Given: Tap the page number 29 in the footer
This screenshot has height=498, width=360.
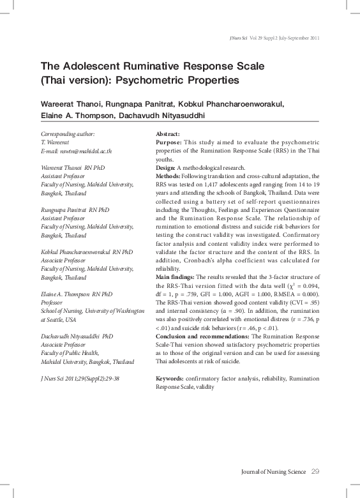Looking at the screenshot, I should pyautogui.click(x=315, y=471).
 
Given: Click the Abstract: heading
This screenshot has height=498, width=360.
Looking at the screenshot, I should pyautogui.click(x=169, y=134).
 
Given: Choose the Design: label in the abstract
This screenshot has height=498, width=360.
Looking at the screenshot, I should pyautogui.click(x=168, y=167).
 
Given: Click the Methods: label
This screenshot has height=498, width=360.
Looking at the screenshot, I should pyautogui.click(x=170, y=175).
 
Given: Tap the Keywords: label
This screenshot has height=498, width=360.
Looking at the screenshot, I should pyautogui.click(x=171, y=379).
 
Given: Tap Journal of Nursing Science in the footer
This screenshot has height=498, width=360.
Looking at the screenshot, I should pyautogui.click(x=273, y=472).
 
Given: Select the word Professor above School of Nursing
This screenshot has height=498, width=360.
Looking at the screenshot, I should pyautogui.click(x=53, y=303).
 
